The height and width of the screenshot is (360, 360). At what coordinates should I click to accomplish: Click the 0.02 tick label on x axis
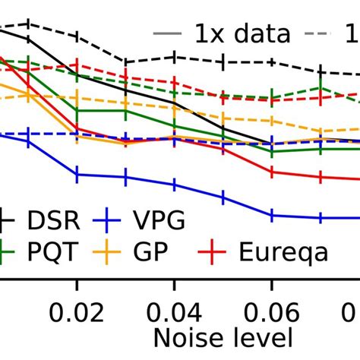77,313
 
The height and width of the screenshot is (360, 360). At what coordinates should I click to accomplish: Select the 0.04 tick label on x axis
174,313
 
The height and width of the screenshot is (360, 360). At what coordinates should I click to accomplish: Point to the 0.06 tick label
271,313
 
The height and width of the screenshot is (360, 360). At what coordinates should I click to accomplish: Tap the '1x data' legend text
242,35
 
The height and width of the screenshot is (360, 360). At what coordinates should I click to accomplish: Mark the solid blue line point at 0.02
77,174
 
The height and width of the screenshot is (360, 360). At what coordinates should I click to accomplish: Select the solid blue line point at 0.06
272,216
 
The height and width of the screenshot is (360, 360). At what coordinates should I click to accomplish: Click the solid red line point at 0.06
272,172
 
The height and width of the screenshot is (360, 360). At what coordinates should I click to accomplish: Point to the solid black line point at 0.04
174,102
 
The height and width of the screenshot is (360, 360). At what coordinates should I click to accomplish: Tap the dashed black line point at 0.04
174,57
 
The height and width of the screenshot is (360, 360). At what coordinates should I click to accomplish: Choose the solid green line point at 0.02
77,110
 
